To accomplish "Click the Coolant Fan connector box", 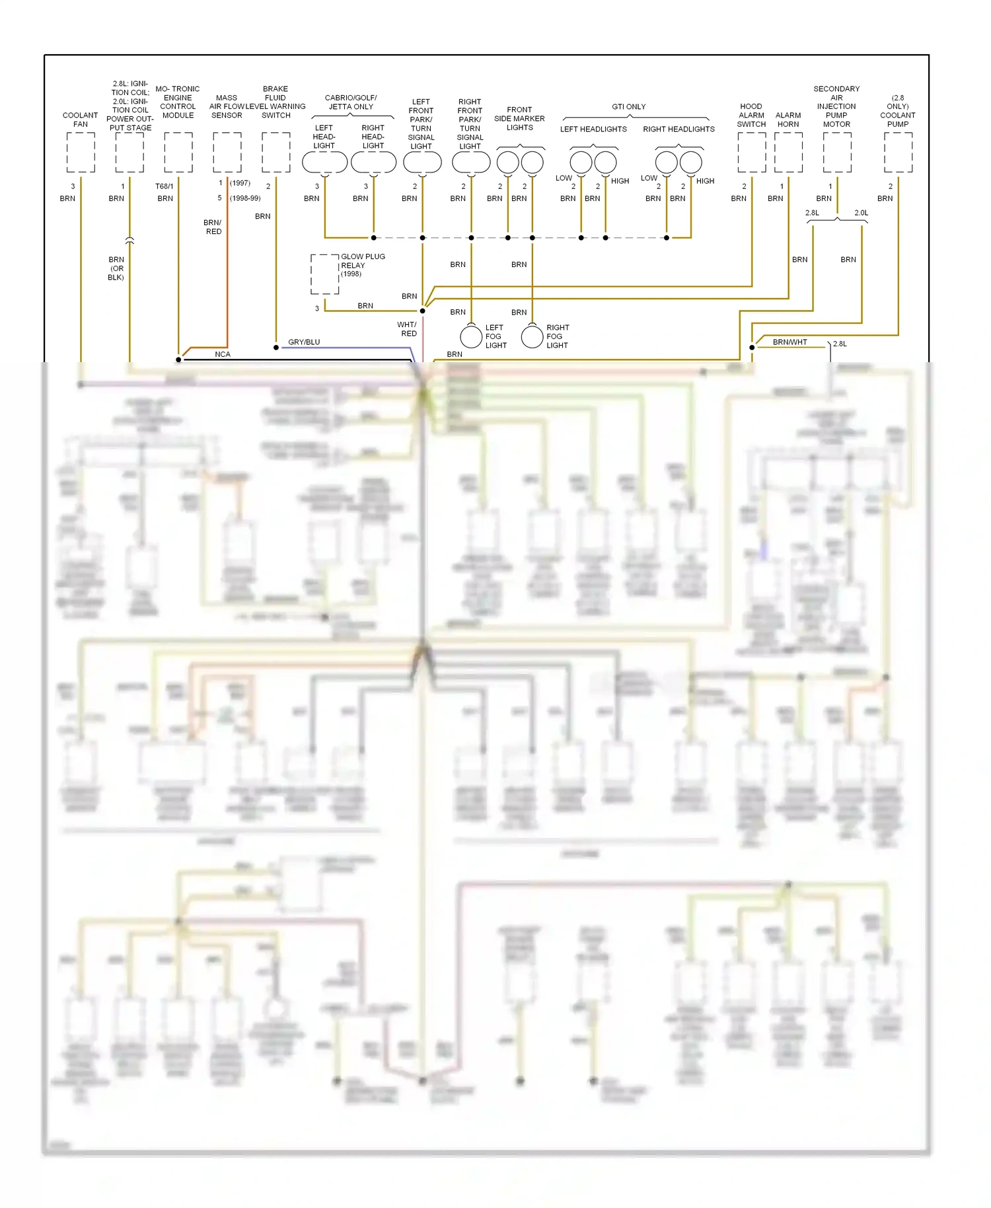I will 81,153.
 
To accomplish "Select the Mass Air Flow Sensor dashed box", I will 227,153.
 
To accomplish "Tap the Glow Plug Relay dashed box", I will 325,274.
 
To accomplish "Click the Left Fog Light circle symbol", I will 471,336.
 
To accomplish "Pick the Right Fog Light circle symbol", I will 532,336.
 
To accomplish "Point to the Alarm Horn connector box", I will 788,153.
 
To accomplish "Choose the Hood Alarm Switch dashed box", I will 751,153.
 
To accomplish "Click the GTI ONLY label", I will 628,106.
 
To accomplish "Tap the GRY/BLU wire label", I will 304,342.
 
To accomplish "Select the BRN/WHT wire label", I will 790,342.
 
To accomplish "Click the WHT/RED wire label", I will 407,329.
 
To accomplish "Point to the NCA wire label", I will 223,355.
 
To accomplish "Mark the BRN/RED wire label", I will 213,227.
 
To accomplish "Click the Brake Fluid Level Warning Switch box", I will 276,153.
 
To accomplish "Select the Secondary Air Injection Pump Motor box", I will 837,153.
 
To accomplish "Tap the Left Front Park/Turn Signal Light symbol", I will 422,162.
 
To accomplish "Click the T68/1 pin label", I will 164,186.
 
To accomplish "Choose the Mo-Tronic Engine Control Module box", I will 178,153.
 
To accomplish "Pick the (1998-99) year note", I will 245,198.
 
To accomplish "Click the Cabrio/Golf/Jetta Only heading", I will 351,102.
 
